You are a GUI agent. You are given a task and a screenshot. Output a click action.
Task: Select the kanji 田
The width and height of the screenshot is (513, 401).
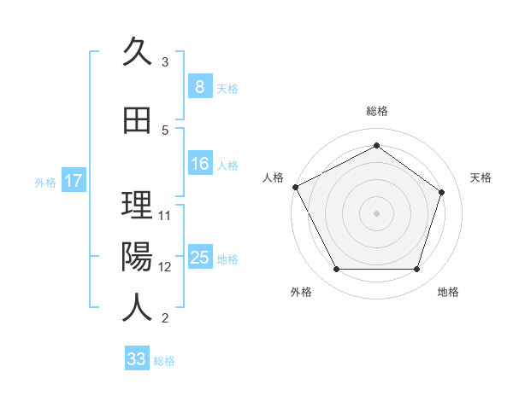tap(136, 120)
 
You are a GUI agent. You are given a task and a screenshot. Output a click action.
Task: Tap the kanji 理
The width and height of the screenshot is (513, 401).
tap(136, 205)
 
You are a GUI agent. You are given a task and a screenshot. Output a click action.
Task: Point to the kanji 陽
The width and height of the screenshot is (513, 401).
tap(136, 256)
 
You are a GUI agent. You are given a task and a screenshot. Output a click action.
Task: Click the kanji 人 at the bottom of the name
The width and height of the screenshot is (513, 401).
tap(136, 308)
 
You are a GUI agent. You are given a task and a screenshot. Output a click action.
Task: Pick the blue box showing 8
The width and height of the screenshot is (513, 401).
tap(199, 87)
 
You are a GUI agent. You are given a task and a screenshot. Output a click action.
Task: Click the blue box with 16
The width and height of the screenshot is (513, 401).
tap(199, 164)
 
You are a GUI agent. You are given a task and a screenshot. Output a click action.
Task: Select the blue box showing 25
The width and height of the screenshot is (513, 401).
tap(199, 258)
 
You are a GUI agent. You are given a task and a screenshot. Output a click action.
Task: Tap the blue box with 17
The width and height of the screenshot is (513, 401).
tap(73, 181)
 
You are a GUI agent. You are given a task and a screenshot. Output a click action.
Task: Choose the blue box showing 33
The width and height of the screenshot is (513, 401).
tap(136, 359)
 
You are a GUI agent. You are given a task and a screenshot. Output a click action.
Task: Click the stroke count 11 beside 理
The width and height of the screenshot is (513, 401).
tap(165, 215)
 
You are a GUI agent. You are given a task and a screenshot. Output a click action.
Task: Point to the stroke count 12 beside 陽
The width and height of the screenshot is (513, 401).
tap(165, 266)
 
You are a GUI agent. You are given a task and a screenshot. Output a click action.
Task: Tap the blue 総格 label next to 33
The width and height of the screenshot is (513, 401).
tap(164, 361)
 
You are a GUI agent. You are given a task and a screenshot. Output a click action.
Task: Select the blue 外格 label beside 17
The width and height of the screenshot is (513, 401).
tap(45, 182)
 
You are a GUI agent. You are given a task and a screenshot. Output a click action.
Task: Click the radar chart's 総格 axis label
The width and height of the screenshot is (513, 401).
tap(376, 111)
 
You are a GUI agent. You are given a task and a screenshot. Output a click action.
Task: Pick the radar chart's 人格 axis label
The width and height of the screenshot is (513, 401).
tap(273, 177)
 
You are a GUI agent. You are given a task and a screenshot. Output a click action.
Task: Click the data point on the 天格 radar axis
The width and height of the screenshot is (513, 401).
tap(442, 192)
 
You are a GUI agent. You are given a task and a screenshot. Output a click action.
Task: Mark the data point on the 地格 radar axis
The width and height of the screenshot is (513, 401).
tap(416, 270)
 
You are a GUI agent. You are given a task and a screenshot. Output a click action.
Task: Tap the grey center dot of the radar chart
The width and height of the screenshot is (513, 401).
tap(376, 212)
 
